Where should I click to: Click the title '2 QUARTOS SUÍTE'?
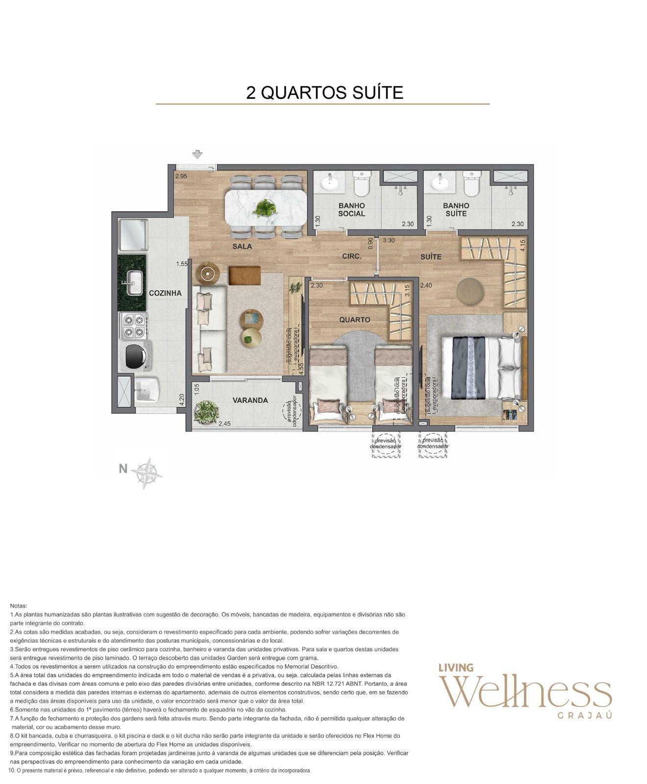tap(324, 92)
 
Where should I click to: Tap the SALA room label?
tap(242, 246)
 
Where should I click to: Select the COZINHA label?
tap(165, 293)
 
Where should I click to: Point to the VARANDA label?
tap(250, 400)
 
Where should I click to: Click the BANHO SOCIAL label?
tap(351, 210)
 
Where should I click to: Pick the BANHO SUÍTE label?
tap(456, 210)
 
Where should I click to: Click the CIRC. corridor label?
tap(351, 256)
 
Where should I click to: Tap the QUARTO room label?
tap(354, 319)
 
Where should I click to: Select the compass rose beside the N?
tap(147, 473)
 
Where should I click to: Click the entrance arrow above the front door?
tap(197, 155)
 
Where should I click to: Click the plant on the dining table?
tap(265, 209)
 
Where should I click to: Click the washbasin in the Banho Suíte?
tap(439, 183)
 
